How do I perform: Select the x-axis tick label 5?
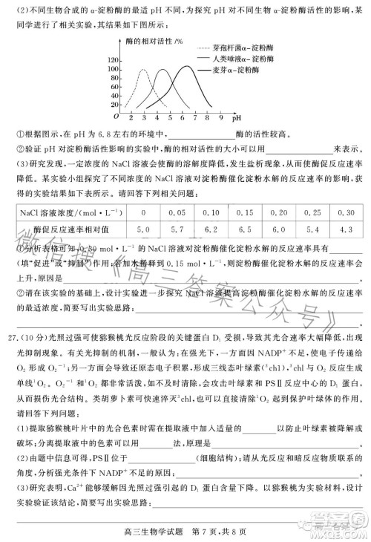(169, 117)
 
